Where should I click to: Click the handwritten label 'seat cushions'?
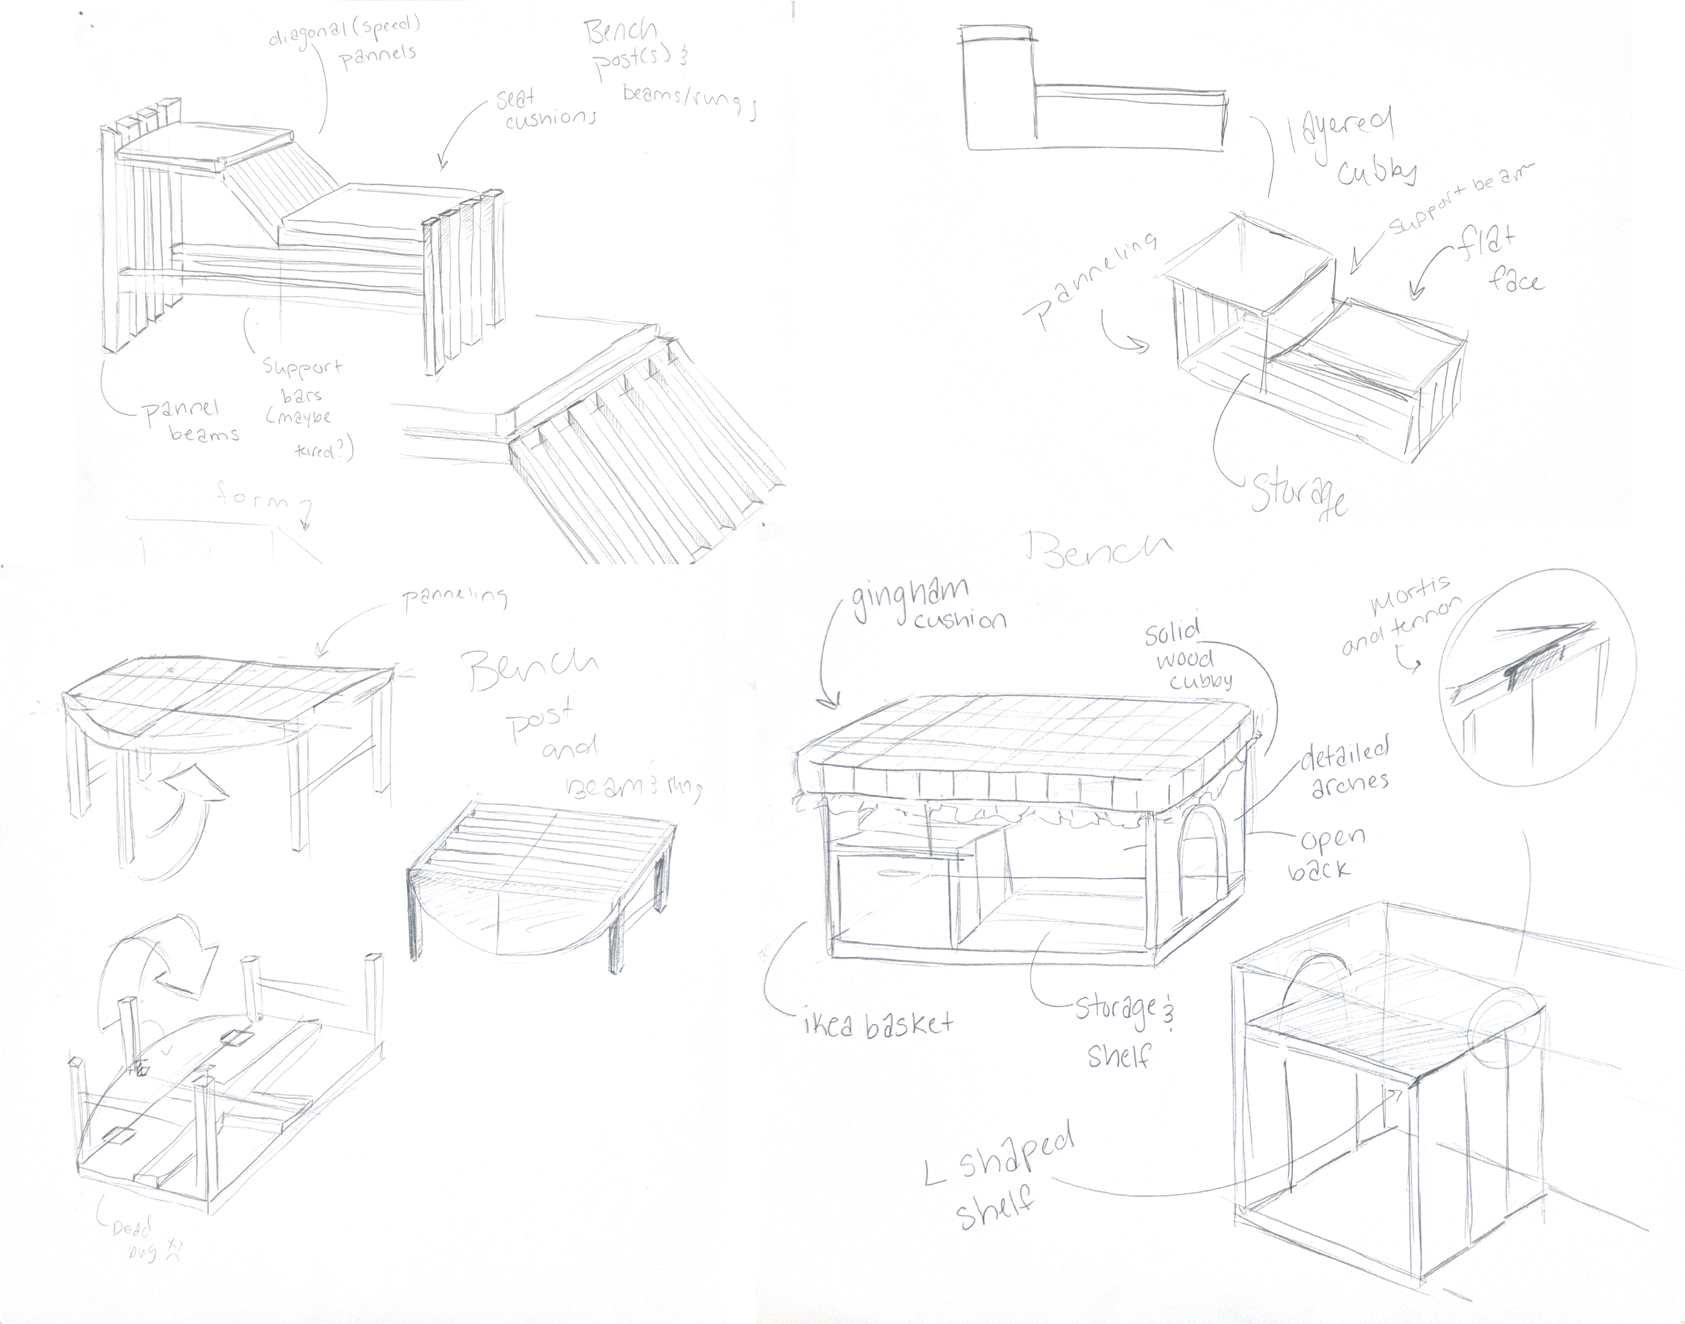pos(547,109)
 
